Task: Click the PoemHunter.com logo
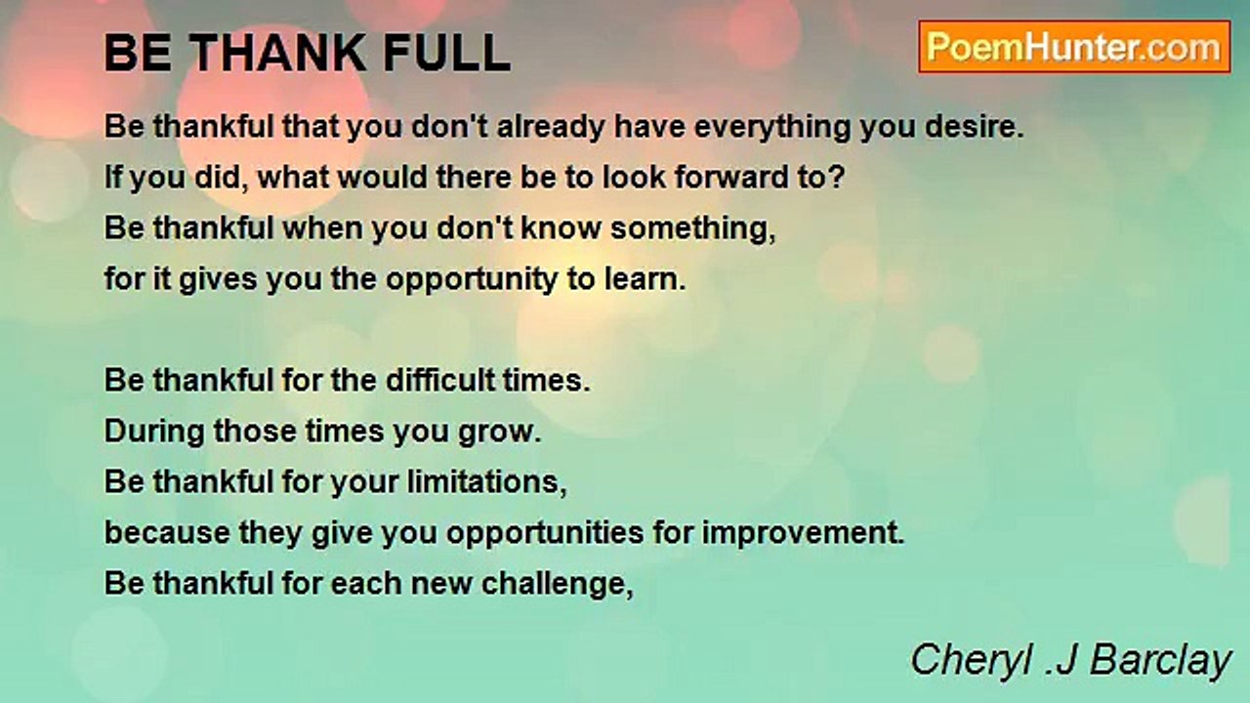[1074, 47]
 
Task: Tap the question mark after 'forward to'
[837, 177]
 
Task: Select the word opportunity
[472, 280]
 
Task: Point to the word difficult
[440, 380]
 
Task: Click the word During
[154, 433]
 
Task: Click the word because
[167, 533]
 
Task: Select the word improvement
[803, 534]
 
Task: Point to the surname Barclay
[1161, 661]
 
